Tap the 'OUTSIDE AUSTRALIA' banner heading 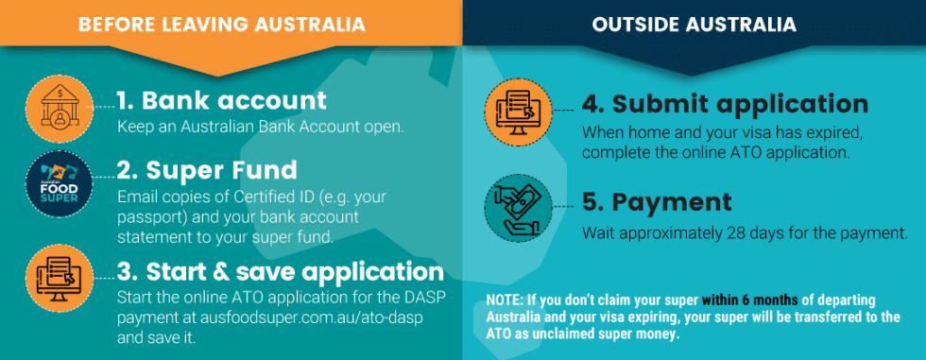pyautogui.click(x=694, y=23)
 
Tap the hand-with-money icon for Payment pyautogui.click(x=517, y=210)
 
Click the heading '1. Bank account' pyautogui.click(x=221, y=100)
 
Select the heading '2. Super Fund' pyautogui.click(x=206, y=171)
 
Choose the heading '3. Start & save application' pyautogui.click(x=280, y=272)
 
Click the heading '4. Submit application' pyautogui.click(x=724, y=104)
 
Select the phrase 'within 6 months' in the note pyautogui.click(x=737, y=300)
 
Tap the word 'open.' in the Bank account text pyautogui.click(x=384, y=127)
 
